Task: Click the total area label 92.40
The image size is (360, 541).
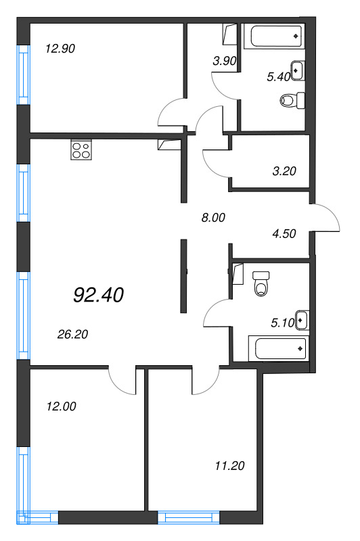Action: [x=97, y=295]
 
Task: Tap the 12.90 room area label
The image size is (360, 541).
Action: [x=60, y=49]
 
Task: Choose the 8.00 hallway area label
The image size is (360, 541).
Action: [x=214, y=218]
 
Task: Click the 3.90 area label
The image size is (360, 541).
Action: [x=223, y=61]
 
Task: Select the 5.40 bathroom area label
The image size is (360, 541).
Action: [x=278, y=77]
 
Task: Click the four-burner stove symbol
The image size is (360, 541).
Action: [x=81, y=150]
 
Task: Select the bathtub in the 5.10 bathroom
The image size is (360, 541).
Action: [x=278, y=349]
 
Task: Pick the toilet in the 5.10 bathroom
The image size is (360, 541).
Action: [x=261, y=285]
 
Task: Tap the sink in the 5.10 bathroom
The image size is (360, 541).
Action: [x=302, y=319]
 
